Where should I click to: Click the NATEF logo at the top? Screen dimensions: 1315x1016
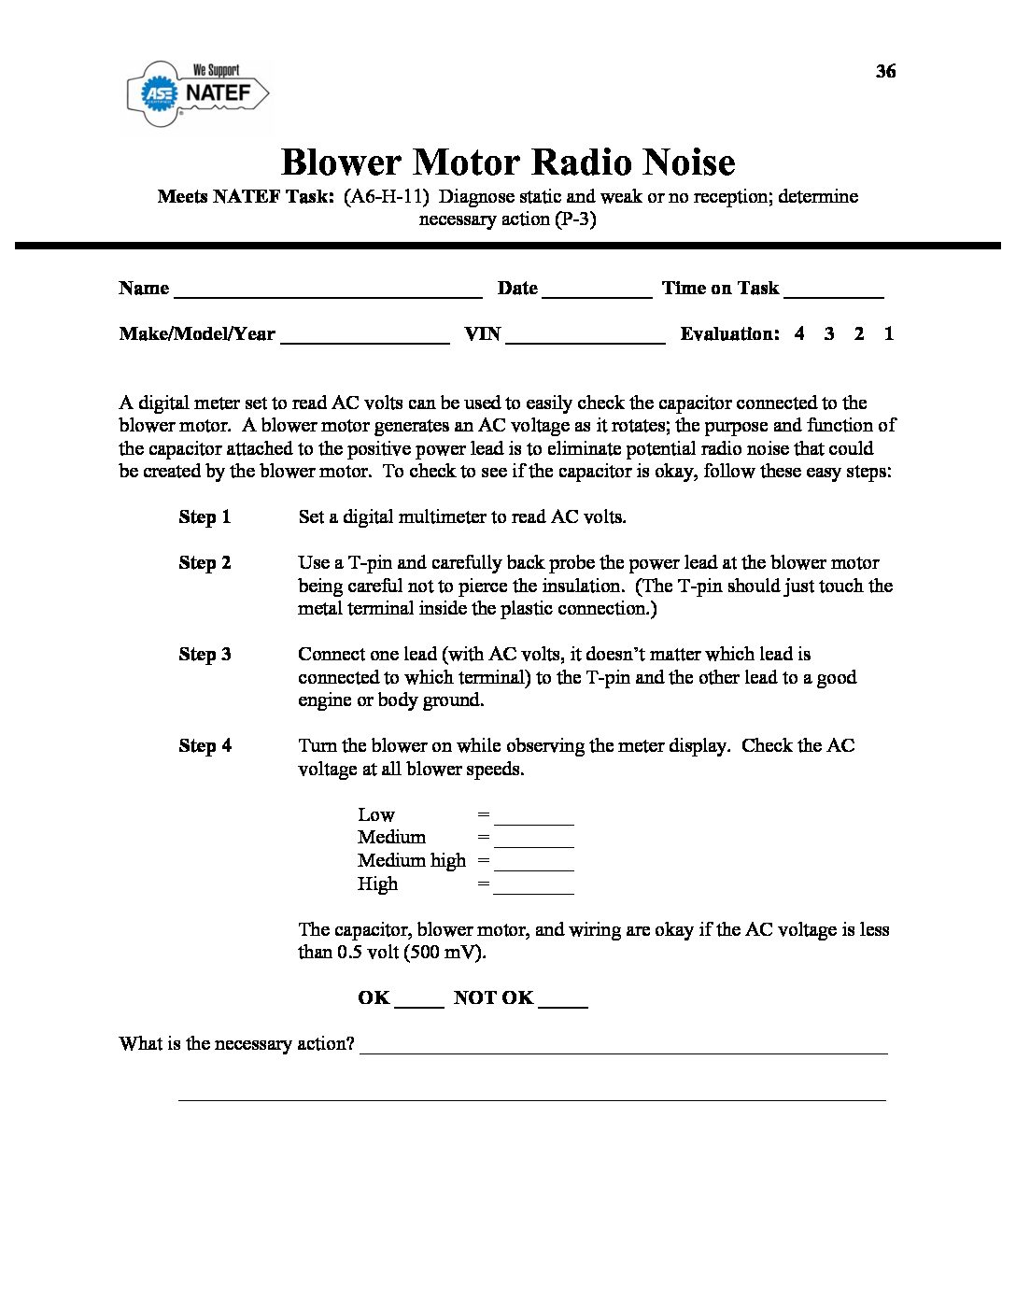coord(198,92)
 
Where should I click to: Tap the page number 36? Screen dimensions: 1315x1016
coord(885,72)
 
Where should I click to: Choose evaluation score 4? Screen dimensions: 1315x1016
coord(799,333)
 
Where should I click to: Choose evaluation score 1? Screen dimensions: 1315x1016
coord(889,333)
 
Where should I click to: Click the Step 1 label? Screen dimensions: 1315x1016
coord(205,517)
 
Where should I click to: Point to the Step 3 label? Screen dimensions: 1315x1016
coord(205,655)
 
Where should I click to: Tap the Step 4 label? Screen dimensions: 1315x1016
coord(205,746)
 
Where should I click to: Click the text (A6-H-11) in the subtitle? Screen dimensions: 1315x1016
coord(386,197)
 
